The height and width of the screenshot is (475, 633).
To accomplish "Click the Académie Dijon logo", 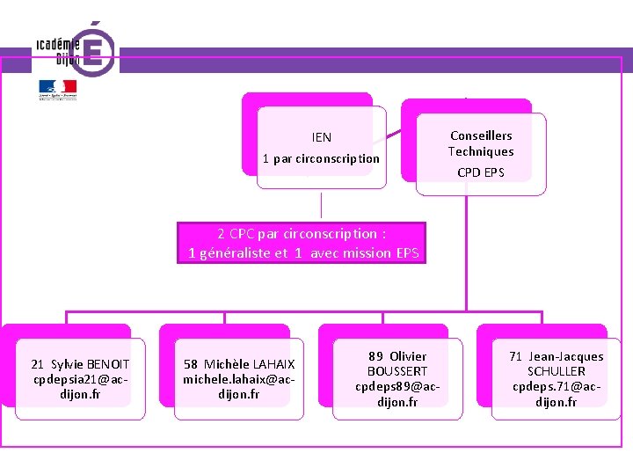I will point(75,50).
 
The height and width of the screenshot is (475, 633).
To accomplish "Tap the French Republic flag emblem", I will point(57,90).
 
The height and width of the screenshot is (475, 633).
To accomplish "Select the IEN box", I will point(321,147).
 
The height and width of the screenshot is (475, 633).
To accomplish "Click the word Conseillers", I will point(481,135).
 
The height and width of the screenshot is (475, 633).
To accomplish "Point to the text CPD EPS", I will point(481,172).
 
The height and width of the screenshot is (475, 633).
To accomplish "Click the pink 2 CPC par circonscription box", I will point(302,244).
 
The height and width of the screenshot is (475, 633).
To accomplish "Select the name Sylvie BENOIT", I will point(90,364).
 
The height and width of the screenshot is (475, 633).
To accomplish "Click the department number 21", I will point(38,364).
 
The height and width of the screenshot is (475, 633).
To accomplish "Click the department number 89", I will point(375,356).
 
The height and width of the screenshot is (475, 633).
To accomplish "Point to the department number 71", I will point(516,356).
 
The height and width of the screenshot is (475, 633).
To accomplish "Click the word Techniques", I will point(481,151).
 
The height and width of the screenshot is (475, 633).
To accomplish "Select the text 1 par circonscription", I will point(321,159).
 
